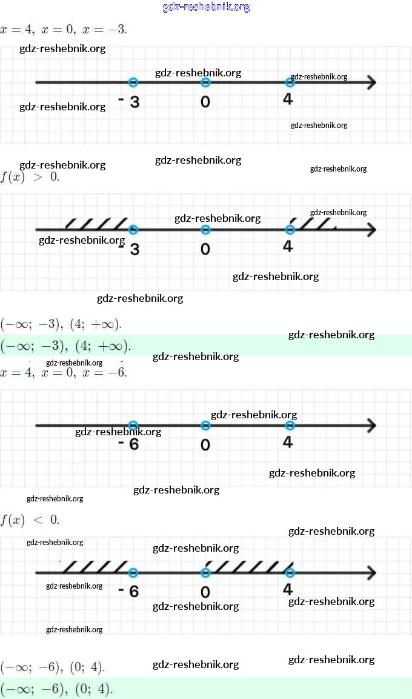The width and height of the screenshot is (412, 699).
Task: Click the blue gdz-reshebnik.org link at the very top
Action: pos(206,7)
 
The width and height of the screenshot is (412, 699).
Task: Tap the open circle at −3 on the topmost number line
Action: pos(134,82)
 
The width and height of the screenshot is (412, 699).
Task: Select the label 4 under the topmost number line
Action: pos(288,99)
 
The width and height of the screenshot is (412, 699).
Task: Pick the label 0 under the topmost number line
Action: pos(205,101)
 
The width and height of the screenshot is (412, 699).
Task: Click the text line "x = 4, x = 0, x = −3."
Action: pos(64,29)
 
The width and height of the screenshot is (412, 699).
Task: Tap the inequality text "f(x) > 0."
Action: pos(30,178)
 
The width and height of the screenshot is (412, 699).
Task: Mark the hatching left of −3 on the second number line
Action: pos(97,224)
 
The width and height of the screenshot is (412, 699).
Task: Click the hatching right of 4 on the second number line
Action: pos(315,224)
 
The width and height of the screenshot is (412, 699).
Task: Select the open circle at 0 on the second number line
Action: pos(205,230)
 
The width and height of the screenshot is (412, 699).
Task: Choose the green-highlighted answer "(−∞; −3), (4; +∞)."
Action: pos(65,347)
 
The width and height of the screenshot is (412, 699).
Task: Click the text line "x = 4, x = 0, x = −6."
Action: pos(64,372)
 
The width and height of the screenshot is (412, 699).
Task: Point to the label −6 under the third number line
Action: pos(128,444)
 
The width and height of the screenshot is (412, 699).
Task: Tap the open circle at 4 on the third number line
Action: pos(290,426)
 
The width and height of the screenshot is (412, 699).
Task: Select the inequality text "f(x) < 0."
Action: pos(30,520)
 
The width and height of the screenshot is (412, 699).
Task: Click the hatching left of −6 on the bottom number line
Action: pos(96,567)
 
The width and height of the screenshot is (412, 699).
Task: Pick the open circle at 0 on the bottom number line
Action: pos(205,573)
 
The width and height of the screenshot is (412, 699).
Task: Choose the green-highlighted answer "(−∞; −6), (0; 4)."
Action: pos(57,689)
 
